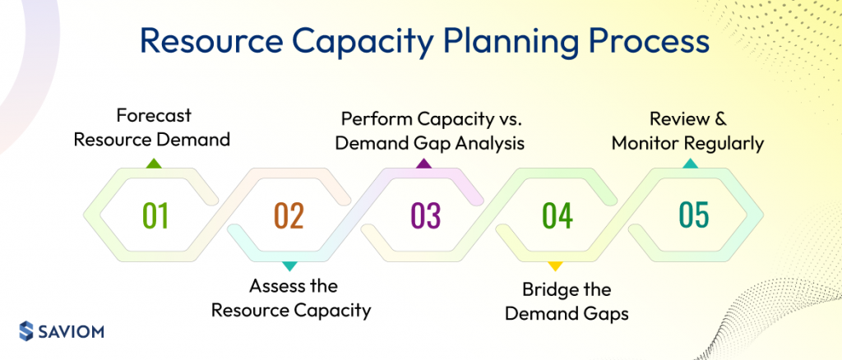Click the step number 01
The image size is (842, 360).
point(155,215)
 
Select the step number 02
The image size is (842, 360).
point(289,215)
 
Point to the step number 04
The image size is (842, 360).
point(557,215)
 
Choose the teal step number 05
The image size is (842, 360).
point(693,215)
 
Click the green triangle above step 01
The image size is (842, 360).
point(152,164)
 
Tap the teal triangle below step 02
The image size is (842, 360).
point(289,265)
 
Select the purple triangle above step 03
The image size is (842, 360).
point(423,164)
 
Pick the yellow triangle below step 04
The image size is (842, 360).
point(555,265)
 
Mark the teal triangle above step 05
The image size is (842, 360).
point(691,164)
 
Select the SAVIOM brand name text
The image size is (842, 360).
point(74,331)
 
